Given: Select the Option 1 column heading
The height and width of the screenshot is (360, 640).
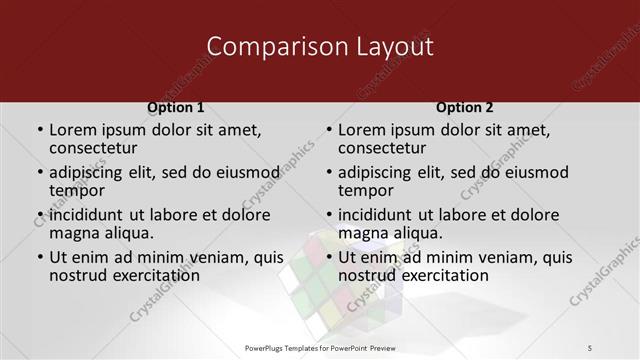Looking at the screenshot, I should click(x=175, y=107).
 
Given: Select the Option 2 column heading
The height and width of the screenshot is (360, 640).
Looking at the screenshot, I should click(x=465, y=107).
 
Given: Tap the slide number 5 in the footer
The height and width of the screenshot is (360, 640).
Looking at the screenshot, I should click(x=590, y=347).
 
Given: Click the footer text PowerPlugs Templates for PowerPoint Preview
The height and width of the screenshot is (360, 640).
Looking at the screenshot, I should click(x=320, y=347).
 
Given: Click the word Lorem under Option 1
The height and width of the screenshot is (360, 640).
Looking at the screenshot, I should click(x=72, y=129).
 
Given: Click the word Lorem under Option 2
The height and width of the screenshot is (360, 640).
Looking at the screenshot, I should click(x=361, y=129).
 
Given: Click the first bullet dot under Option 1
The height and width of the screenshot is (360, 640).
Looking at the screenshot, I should click(x=40, y=130).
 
